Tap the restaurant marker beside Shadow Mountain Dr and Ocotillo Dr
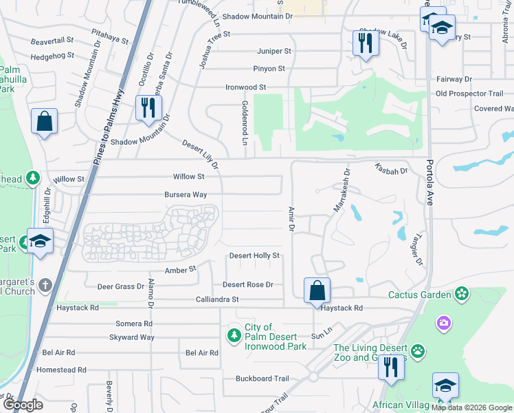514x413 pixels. tap(148, 108)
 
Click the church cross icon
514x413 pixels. tap(45, 284)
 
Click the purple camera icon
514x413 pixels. tap(444, 322)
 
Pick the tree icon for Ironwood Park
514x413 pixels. tap(234, 335)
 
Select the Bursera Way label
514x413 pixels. tap(186, 195)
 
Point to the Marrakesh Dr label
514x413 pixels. tap(341, 189)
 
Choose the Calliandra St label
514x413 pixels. tap(216, 299)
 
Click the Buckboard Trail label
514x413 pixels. tap(262, 379)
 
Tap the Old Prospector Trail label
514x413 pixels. tap(469, 94)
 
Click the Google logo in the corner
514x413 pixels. tap(22, 405)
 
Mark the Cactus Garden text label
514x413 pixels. tap(419, 295)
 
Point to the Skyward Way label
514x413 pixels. tap(132, 337)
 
